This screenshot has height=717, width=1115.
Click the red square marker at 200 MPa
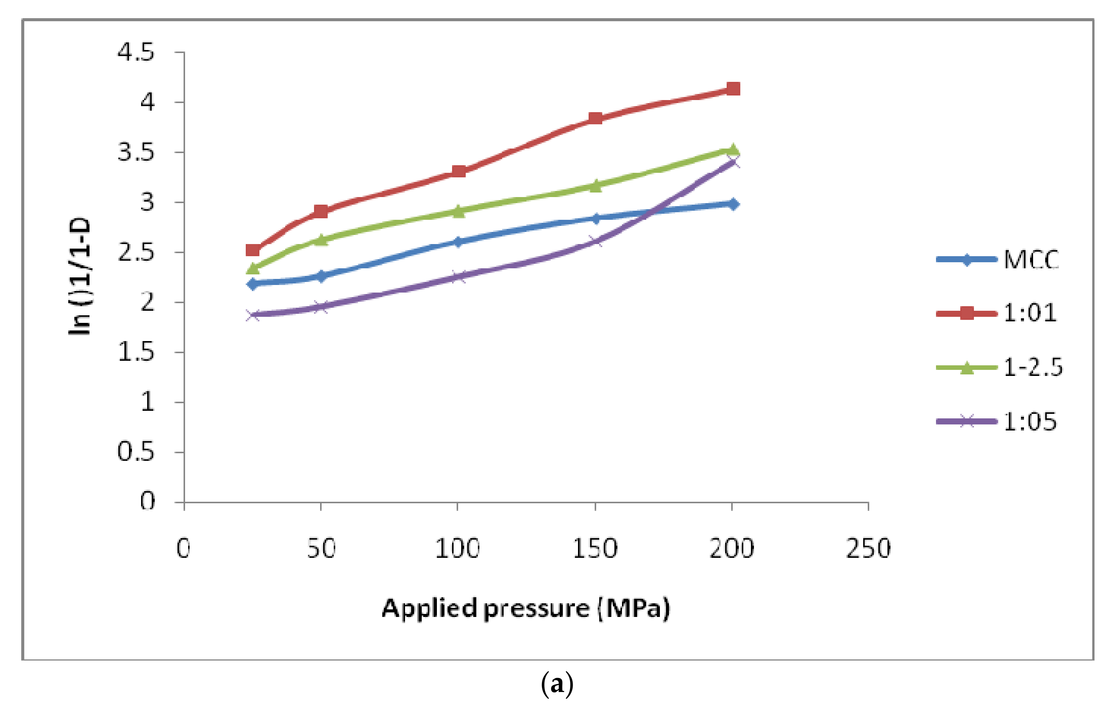pyautogui.click(x=733, y=88)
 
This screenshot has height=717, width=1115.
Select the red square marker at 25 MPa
pyautogui.click(x=253, y=250)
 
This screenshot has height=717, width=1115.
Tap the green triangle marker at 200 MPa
pyautogui.click(x=733, y=149)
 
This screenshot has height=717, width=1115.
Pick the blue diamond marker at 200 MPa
pyautogui.click(x=733, y=204)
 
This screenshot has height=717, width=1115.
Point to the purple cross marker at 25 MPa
pyautogui.click(x=253, y=315)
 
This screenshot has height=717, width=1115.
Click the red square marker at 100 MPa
pyautogui.click(x=459, y=171)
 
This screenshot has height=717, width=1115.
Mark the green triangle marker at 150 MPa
pyautogui.click(x=595, y=186)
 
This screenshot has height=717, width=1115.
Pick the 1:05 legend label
pyautogui.click(x=1030, y=422)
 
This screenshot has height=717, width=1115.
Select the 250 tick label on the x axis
pyautogui.click(x=868, y=548)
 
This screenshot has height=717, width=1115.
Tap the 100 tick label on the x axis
pyautogui.click(x=457, y=548)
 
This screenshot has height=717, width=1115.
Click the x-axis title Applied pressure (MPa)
pyautogui.click(x=526, y=609)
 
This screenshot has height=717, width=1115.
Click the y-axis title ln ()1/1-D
pyautogui.click(x=80, y=277)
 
